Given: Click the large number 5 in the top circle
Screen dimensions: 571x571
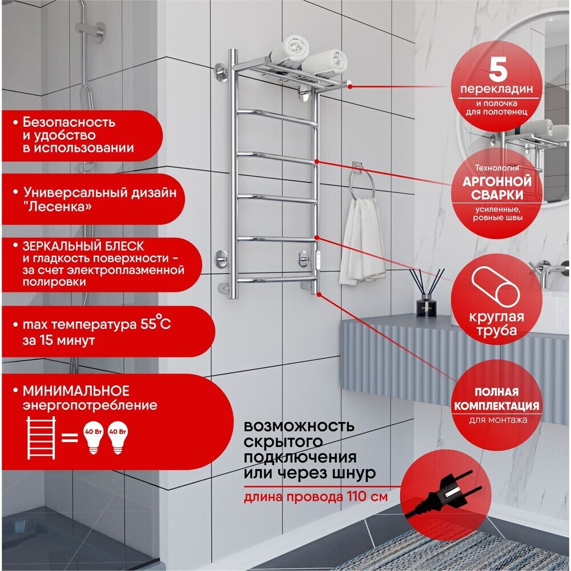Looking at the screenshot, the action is click(497, 70).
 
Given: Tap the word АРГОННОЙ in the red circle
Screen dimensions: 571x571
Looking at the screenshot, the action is click(497, 182).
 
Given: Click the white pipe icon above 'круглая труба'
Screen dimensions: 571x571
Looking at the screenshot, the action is click(495, 288).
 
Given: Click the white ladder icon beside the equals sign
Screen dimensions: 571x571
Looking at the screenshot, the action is click(41, 437).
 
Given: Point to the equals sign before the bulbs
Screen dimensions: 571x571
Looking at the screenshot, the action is click(69, 437).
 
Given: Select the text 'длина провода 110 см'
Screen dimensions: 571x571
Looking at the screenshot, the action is click(315, 497).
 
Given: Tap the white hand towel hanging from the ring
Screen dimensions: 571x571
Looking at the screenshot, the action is click(361, 241).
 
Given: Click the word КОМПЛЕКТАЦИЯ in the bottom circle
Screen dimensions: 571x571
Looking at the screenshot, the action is click(496, 406).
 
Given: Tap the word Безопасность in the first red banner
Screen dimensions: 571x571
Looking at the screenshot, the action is click(69, 122).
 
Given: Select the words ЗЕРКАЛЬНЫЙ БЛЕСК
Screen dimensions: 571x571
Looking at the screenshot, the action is click(83, 246).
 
